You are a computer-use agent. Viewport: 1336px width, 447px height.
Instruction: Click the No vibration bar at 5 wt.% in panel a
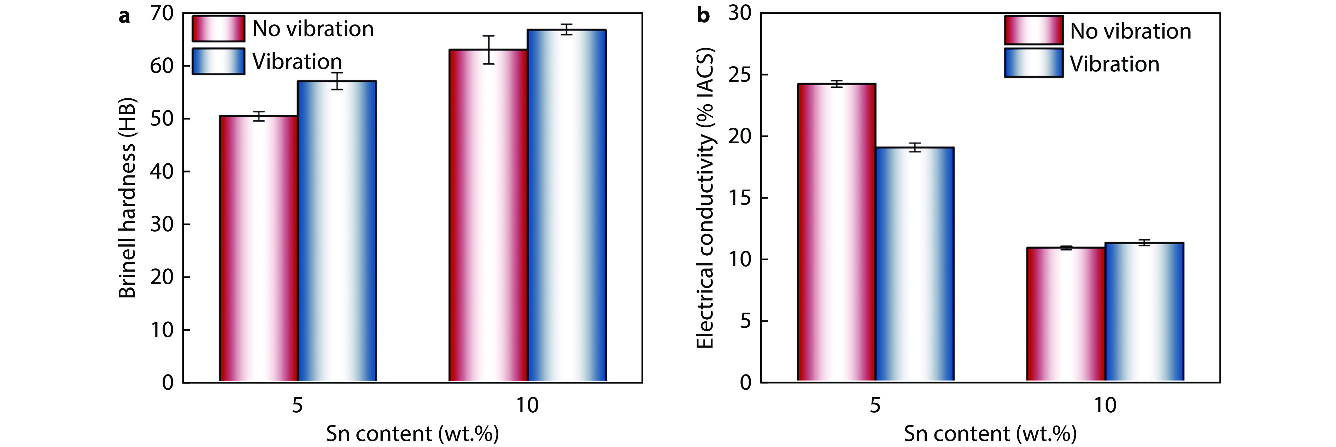[258, 249]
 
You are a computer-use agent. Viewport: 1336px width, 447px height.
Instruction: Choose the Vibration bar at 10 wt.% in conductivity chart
[1144, 312]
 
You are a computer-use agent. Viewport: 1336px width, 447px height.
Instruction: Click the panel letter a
[124, 16]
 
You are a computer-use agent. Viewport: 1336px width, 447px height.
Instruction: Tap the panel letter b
[703, 15]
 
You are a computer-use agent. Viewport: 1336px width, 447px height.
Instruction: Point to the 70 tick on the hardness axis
[162, 13]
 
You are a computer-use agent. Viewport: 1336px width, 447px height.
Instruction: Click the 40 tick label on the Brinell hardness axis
[162, 171]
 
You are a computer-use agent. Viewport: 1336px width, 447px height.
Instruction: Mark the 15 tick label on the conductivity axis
[739, 198]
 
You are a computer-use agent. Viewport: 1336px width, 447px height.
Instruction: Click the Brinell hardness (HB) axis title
[127, 197]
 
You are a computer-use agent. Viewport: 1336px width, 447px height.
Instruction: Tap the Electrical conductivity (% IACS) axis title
[705, 197]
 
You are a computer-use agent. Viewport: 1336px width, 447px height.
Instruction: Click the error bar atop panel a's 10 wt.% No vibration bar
[488, 50]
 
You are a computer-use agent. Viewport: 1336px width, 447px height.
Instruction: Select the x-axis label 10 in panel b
[1105, 405]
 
